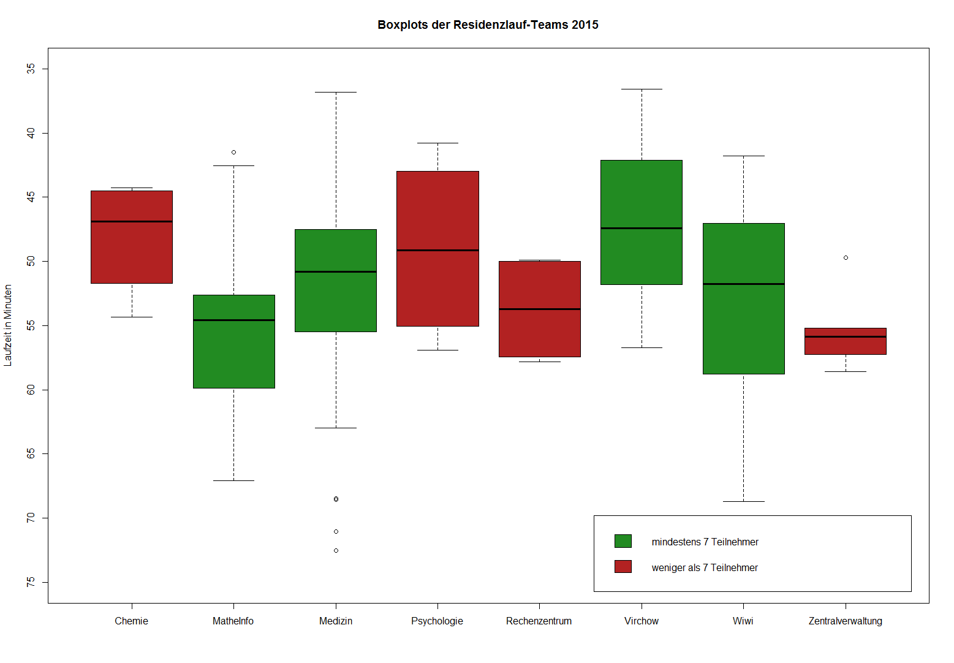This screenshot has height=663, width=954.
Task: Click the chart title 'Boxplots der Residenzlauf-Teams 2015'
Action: click(488, 25)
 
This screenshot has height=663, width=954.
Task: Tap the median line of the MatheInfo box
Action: click(233, 320)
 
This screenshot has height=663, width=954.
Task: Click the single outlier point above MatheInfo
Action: click(233, 152)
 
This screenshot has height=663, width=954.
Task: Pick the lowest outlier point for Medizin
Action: click(336, 550)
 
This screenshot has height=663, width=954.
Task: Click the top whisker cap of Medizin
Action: click(336, 92)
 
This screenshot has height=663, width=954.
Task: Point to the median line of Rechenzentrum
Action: click(539, 309)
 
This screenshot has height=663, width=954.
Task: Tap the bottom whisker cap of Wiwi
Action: click(743, 501)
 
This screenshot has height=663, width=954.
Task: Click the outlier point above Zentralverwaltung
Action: click(846, 257)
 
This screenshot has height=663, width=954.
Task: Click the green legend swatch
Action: click(623, 541)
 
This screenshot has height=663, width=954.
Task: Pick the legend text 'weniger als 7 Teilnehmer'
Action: click(705, 567)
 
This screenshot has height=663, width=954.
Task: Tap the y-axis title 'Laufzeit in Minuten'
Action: click(8, 325)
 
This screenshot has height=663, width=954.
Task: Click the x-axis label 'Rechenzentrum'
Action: click(539, 621)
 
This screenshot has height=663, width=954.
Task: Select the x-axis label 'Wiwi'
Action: click(743, 621)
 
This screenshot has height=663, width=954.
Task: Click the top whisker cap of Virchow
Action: click(642, 89)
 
